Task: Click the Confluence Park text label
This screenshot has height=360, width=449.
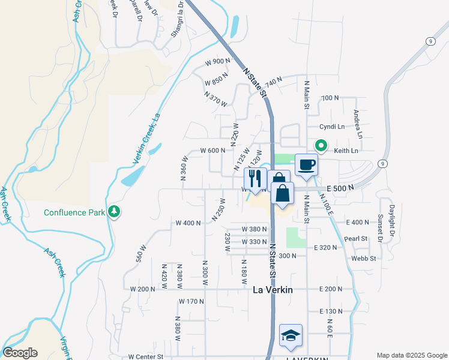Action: pos(74,212)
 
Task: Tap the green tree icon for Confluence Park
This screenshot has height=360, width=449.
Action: pos(113,212)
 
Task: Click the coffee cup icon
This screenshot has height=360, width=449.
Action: pos(306,164)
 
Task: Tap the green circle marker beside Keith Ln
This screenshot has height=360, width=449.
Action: pos(321,146)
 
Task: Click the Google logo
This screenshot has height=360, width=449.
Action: pos(20,353)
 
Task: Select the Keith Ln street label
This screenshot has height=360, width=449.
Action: pos(346,151)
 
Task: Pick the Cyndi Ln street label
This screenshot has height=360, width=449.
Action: pos(332,127)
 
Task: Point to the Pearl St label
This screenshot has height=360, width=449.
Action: pos(356,238)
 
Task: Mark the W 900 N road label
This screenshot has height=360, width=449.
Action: pos(217,62)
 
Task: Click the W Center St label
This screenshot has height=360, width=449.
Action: pos(146,356)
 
